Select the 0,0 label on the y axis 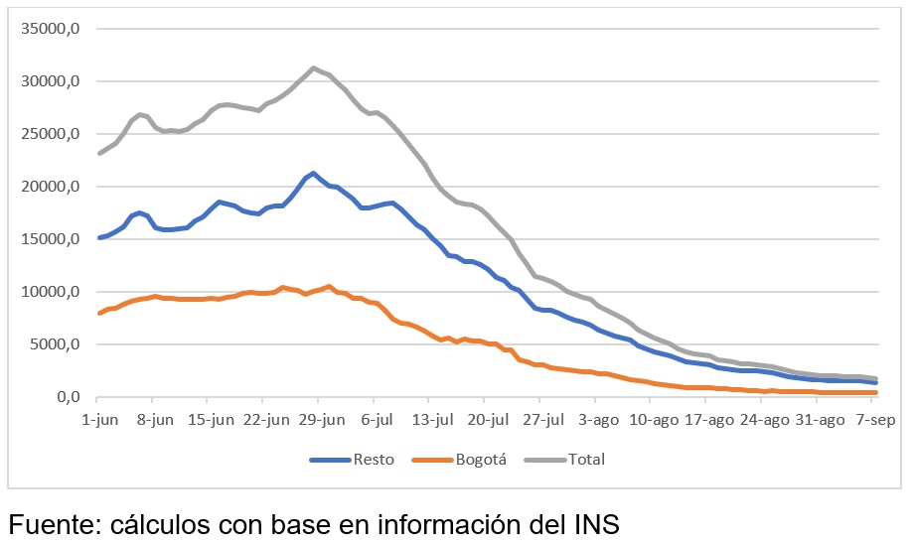coord(66,398)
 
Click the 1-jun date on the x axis coord(99,420)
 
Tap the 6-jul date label coord(378,420)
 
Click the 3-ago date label coord(598,420)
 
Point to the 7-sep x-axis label coord(874,420)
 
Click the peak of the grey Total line coord(314,68)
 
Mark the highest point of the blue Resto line coord(314,174)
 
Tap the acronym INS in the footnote coord(592,523)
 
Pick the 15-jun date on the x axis coord(211,420)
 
